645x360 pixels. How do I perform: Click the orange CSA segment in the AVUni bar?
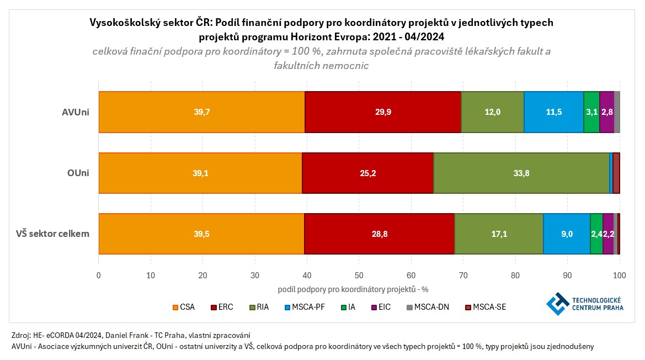[201, 112]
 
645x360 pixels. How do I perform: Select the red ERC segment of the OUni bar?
[367, 173]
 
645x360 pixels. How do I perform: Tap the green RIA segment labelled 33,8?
[521, 173]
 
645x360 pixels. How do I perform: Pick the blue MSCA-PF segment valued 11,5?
[553, 112]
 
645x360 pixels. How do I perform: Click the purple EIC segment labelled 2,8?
[606, 112]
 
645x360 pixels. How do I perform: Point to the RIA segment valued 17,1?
[499, 234]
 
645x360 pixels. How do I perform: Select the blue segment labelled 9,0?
[567, 234]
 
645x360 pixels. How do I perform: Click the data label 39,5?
[201, 234]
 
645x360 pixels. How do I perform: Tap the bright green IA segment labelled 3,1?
[591, 112]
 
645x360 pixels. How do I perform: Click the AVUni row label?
[76, 112]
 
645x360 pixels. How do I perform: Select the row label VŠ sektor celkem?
[53, 234]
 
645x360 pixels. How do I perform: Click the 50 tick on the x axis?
[359, 275]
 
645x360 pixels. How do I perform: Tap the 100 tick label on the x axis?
[620, 275]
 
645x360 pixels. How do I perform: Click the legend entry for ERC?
[221, 307]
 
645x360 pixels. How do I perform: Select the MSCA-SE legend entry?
[486, 307]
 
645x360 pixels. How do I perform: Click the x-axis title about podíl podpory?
[353, 289]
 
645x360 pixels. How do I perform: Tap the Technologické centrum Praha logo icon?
[558, 304]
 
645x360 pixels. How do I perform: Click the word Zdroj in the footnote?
[21, 335]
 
